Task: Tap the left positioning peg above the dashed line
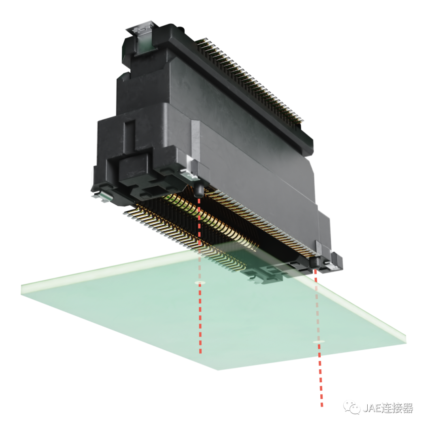pyautogui.click(x=198, y=190)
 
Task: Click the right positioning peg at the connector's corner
pyautogui.click(x=316, y=262)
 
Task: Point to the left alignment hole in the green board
pyautogui.click(x=200, y=283)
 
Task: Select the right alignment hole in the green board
pyautogui.click(x=318, y=342)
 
